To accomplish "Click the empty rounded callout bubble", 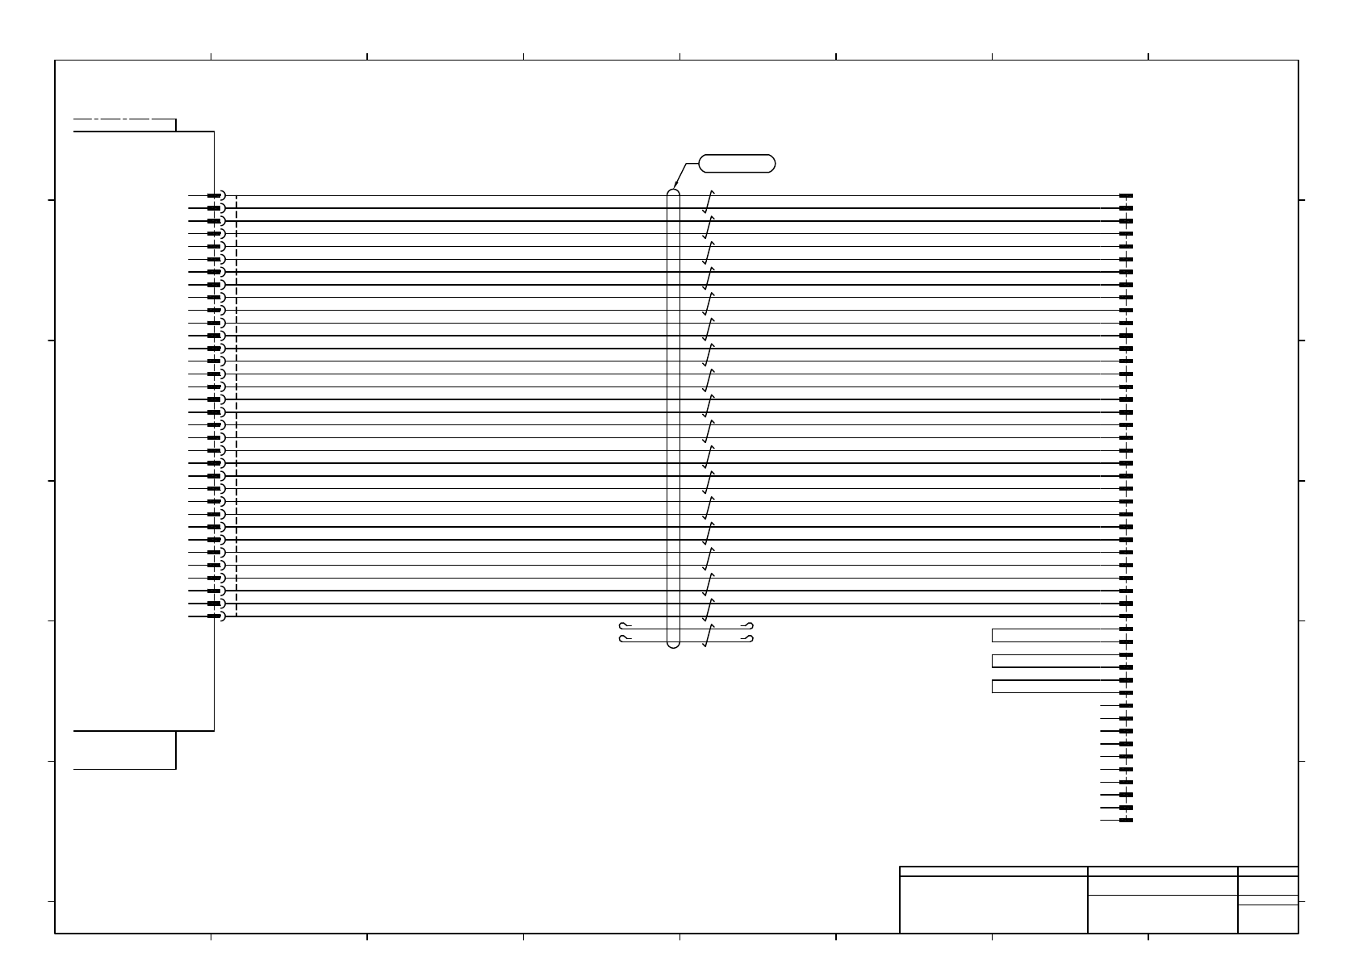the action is click(737, 164).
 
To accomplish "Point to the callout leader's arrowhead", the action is click(675, 187).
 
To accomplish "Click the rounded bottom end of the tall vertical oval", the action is click(674, 645).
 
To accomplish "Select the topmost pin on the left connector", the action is click(214, 195).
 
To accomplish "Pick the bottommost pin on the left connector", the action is click(214, 616).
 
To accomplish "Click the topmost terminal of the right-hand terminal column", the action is click(1126, 195).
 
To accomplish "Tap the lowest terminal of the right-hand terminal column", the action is click(1126, 821).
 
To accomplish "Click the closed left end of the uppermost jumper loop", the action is click(993, 635).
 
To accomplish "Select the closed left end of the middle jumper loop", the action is click(993, 661).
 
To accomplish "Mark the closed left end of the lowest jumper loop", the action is click(993, 687).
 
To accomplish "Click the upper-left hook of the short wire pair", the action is click(622, 625).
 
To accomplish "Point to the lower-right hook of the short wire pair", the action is click(750, 640).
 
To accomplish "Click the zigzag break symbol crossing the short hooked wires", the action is click(709, 636).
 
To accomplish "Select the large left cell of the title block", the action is click(993, 905).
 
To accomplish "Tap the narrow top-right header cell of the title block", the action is click(1268, 871).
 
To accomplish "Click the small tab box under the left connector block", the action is click(124, 750).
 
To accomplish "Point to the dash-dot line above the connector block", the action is click(121, 119).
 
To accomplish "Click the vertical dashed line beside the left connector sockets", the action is click(236, 403).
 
